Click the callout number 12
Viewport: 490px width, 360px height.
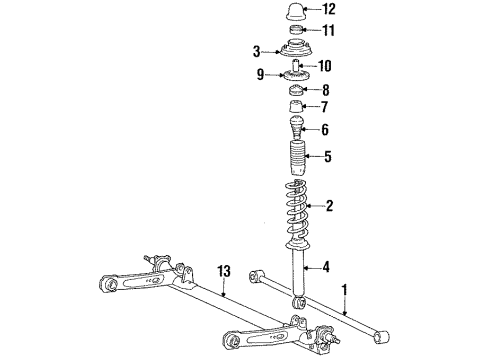coord(329,10)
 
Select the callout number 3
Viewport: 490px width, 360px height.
coord(257,51)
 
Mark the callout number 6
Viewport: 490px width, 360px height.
coord(323,129)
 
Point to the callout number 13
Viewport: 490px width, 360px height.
coord(226,271)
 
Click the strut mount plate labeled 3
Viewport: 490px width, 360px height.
coord(295,51)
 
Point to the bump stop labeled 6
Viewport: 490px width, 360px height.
coord(295,128)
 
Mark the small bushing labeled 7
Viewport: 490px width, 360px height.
coord(295,107)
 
